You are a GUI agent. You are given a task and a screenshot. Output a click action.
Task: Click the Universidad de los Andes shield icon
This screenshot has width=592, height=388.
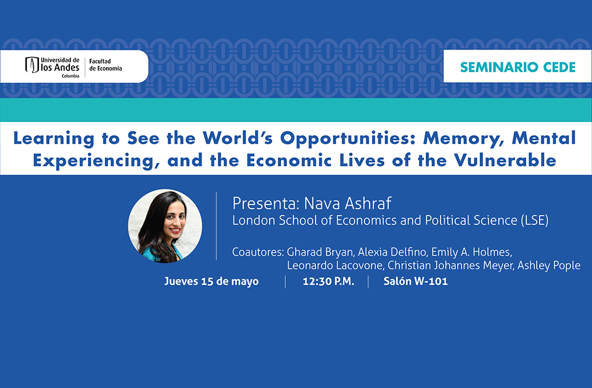32,65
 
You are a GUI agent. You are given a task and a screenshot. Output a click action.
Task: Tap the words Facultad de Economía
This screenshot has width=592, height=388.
105,65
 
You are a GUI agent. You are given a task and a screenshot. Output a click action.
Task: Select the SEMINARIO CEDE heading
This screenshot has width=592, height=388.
517,67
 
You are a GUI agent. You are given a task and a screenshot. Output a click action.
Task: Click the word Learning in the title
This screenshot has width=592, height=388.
54,139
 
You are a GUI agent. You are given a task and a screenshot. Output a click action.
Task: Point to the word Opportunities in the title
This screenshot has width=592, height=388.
348,139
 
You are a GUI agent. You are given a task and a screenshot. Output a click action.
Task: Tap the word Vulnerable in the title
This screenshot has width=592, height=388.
505,160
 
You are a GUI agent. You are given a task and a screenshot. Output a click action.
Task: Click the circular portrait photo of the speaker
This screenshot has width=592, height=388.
165,226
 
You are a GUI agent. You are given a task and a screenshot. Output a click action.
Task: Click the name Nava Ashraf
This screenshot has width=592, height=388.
348,203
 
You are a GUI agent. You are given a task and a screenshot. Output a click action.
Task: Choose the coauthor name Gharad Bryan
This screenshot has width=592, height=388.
320,252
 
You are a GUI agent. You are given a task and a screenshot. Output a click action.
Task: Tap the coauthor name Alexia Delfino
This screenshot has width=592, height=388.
392,252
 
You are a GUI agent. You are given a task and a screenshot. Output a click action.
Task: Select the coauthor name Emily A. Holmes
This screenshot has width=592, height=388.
472,252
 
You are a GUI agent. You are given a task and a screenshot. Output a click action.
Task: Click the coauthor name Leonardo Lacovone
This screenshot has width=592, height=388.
335,265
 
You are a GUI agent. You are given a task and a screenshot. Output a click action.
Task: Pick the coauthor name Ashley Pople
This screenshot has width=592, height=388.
548,266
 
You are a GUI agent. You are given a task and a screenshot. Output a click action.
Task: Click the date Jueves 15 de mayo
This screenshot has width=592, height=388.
211,281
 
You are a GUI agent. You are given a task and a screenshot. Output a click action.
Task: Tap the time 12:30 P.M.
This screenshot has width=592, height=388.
328,281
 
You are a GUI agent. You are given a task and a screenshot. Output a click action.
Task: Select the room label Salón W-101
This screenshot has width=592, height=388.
416,281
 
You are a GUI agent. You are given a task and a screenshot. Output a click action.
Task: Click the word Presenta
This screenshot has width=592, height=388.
266,203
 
